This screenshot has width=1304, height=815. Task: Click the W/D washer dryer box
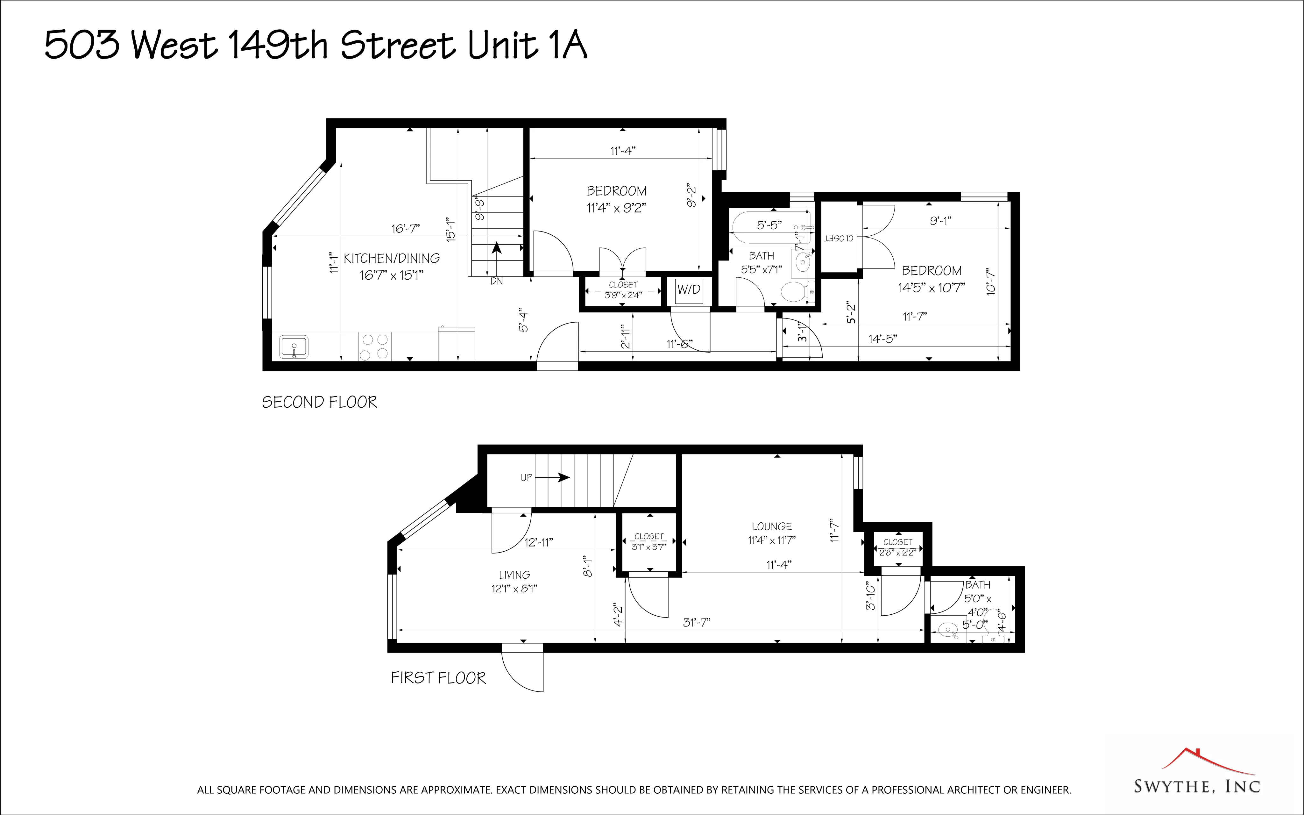689,290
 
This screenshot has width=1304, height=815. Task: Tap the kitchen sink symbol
294,347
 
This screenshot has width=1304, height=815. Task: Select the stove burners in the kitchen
374,347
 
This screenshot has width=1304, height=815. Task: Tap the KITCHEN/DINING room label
392,259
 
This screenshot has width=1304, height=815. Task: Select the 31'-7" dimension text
697,623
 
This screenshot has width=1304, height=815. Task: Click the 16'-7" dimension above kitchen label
405,229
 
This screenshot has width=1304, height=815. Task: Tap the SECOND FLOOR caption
320,402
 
